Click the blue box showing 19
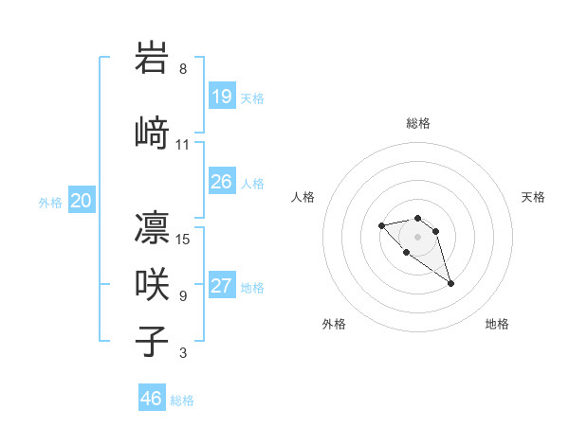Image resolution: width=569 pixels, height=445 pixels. (222, 97)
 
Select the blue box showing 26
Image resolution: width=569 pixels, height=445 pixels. (222, 182)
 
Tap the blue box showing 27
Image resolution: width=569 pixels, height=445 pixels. (222, 287)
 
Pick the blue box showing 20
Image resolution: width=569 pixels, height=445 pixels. (82, 201)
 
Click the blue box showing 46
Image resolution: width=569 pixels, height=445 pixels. (152, 399)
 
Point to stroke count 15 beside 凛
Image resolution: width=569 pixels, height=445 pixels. (183, 239)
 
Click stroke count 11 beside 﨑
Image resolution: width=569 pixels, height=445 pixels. (183, 144)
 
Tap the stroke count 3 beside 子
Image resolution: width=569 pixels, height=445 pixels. (183, 353)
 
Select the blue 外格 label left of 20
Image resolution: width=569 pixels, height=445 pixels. (50, 202)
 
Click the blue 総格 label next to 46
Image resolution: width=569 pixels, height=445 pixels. (182, 400)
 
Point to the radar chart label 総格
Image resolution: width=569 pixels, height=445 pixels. (418, 123)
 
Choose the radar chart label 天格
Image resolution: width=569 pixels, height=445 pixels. (533, 197)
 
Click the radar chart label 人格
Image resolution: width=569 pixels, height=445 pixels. (303, 197)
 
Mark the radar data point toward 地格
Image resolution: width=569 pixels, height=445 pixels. (450, 283)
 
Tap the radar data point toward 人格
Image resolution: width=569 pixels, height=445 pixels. (381, 225)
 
